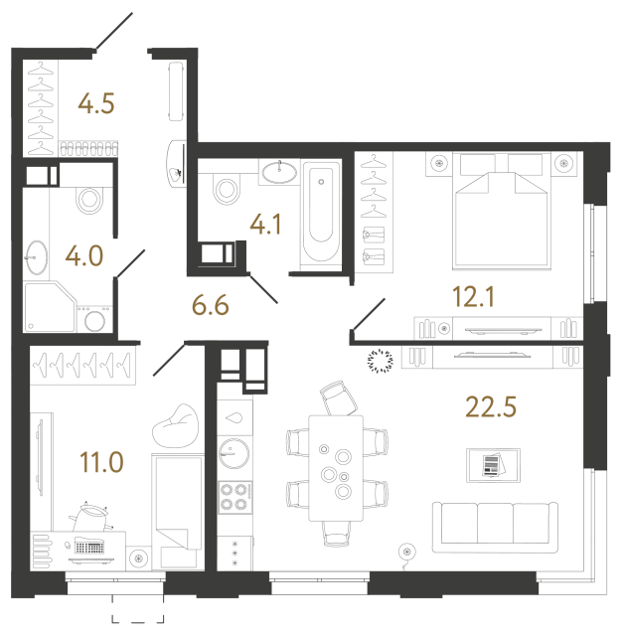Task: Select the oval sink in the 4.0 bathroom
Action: pos(38,255)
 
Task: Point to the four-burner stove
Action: pos(235,496)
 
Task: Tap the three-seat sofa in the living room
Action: pos(492,524)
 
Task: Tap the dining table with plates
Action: pos(336,466)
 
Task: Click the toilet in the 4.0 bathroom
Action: pos(90,199)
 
